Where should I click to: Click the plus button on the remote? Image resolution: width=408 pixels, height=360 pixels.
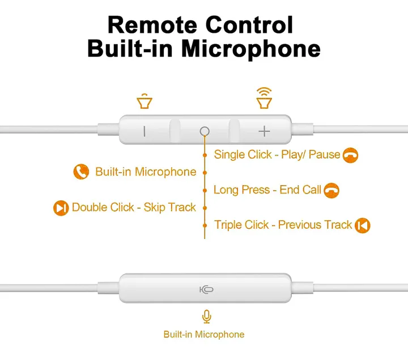[x=264, y=131]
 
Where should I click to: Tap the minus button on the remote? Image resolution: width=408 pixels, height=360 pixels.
[x=144, y=131]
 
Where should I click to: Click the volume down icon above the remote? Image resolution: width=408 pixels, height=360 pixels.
[x=144, y=101]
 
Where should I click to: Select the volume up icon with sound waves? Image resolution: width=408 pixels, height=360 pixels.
[x=264, y=98]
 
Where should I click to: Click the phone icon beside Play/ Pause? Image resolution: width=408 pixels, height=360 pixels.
[x=350, y=155]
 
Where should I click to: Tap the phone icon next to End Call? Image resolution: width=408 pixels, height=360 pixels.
[x=331, y=190]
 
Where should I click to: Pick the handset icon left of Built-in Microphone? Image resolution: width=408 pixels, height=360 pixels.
[x=81, y=172]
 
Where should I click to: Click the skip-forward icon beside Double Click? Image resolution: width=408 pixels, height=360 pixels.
[x=61, y=208]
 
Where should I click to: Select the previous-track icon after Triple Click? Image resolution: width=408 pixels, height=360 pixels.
[x=363, y=225]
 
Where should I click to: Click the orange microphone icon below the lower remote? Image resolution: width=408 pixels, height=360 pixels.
[x=207, y=316]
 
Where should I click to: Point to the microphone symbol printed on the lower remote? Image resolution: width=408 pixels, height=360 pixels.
[x=206, y=289]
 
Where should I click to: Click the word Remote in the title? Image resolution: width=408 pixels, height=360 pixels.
[x=152, y=25]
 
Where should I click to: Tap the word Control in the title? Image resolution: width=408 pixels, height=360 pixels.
[x=249, y=25]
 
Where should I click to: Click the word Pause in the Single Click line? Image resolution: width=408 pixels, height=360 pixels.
[x=324, y=155]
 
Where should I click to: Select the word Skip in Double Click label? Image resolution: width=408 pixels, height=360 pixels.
[x=154, y=208]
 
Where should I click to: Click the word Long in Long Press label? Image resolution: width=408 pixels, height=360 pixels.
[x=226, y=190]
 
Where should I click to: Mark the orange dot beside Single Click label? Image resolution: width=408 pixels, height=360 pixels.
[x=205, y=155]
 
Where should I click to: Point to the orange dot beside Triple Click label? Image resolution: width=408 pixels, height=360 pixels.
[x=205, y=225]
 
